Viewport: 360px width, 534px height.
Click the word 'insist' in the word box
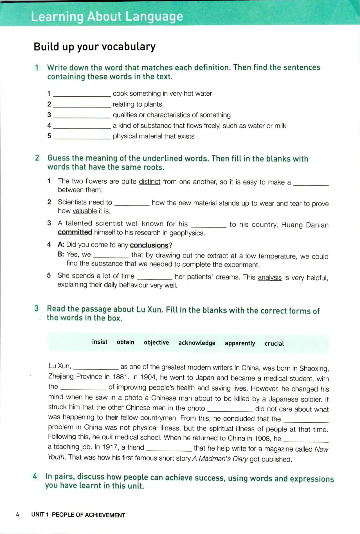tap(100, 342)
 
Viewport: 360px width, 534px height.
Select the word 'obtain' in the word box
tap(125, 342)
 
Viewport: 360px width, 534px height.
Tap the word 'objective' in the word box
tap(156, 343)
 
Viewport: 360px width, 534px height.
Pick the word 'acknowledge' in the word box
tap(197, 343)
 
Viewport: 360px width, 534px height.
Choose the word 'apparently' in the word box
tap(240, 343)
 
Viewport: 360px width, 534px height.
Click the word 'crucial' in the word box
tap(274, 344)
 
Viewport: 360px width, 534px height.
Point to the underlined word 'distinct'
tap(149, 181)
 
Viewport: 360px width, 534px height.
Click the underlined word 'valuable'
tap(85, 211)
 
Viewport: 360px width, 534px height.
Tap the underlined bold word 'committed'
tap(75, 232)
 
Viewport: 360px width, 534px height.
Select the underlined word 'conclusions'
tap(149, 245)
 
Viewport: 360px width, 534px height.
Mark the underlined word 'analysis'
tap(270, 278)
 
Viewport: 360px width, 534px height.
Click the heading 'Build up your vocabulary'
tap(95, 47)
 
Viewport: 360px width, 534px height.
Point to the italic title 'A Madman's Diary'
tap(220, 459)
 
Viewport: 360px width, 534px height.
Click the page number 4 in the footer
tap(18, 514)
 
